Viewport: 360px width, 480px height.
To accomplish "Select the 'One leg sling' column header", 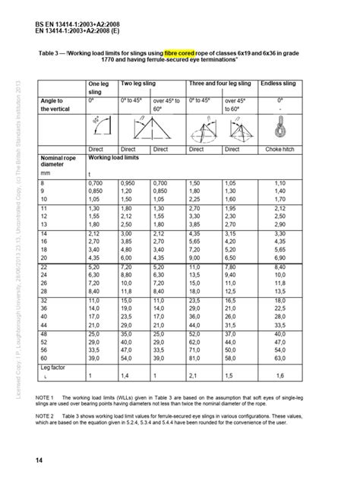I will (100, 88).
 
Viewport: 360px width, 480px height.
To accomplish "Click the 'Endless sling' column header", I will (279, 84).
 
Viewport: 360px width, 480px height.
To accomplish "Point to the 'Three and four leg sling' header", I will (219, 84).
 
